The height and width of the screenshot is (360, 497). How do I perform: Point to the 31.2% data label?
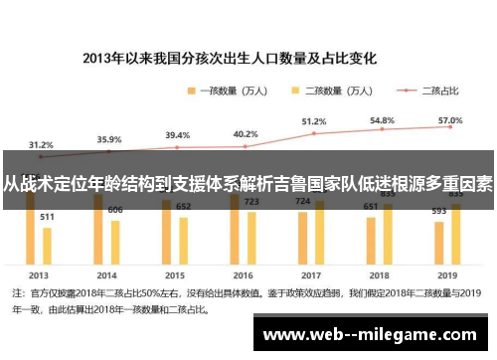[41, 143]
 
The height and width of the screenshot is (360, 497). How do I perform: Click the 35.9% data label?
[109, 139]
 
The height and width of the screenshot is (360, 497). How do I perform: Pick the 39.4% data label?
[177, 134]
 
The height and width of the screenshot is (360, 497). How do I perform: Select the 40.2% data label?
[245, 133]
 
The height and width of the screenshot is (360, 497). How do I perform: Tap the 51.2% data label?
[313, 120]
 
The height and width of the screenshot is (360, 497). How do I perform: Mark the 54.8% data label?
[382, 119]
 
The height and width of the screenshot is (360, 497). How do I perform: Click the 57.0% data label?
[450, 119]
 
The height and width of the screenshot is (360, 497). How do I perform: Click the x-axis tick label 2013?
[39, 274]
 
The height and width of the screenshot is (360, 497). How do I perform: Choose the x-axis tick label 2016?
[245, 274]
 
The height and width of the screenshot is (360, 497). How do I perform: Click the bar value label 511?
[47, 216]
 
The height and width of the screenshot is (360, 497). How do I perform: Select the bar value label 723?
[252, 201]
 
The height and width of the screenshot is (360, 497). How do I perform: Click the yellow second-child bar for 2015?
[184, 241]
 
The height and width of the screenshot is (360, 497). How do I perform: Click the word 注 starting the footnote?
[17, 294]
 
